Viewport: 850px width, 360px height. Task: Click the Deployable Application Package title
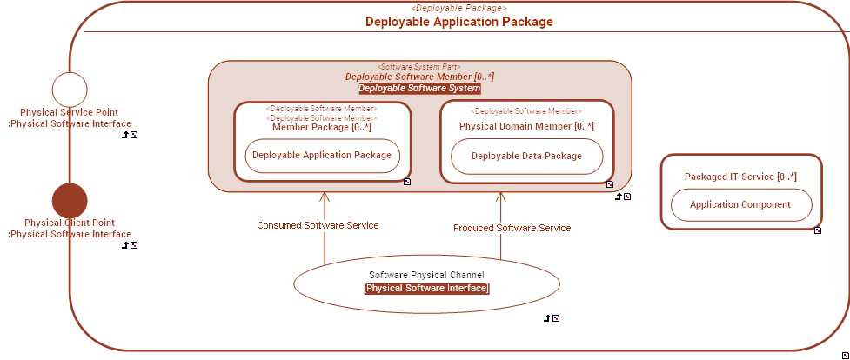tap(458, 22)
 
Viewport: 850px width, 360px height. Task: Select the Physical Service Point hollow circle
tap(70, 90)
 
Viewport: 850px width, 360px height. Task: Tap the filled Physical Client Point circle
tap(70, 201)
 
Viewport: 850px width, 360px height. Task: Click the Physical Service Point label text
tap(70, 112)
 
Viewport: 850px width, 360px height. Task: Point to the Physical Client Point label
tap(70, 223)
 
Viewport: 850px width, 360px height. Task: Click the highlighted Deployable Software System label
tap(419, 89)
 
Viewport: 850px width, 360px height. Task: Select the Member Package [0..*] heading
tap(322, 127)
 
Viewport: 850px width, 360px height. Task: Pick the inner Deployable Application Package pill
tap(322, 156)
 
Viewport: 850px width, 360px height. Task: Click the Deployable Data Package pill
tap(526, 156)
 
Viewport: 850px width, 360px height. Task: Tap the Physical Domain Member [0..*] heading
tap(526, 127)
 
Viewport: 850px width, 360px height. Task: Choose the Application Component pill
tap(740, 205)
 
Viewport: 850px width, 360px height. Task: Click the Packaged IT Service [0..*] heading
tap(740, 177)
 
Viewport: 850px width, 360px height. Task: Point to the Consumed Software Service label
tap(318, 225)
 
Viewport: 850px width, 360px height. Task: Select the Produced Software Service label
tap(512, 228)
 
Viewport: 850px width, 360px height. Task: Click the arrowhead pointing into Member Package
tap(324, 196)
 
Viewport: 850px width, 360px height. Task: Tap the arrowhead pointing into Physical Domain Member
tap(500, 196)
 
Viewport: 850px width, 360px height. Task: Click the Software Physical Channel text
tap(426, 275)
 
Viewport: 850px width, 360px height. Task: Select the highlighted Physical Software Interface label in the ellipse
tap(426, 288)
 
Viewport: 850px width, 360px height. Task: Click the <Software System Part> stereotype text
tap(419, 67)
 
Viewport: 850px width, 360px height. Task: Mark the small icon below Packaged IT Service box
tap(818, 230)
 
